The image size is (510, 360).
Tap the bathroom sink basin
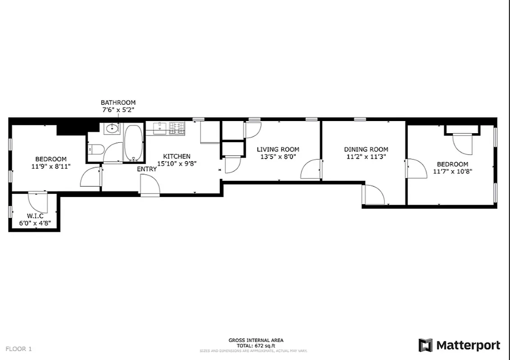pyautogui.click(x=112, y=129)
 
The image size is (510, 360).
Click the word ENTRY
pyautogui.click(x=147, y=169)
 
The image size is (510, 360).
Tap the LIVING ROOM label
pyautogui.click(x=277, y=149)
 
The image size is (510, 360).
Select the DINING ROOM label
pyautogui.click(x=366, y=149)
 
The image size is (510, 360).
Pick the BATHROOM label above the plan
pyautogui.click(x=118, y=103)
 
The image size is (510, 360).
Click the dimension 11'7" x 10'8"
pyautogui.click(x=452, y=171)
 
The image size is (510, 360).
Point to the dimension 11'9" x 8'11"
pyautogui.click(x=51, y=166)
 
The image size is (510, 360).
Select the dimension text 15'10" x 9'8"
pyautogui.click(x=176, y=164)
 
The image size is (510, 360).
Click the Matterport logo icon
pyautogui.click(x=425, y=345)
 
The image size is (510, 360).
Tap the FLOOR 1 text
pyautogui.click(x=18, y=349)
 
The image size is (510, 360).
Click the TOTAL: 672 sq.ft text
pyautogui.click(x=256, y=346)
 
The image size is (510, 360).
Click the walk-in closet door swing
pyautogui.click(x=38, y=202)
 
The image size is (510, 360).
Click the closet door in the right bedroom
pyautogui.click(x=462, y=144)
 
